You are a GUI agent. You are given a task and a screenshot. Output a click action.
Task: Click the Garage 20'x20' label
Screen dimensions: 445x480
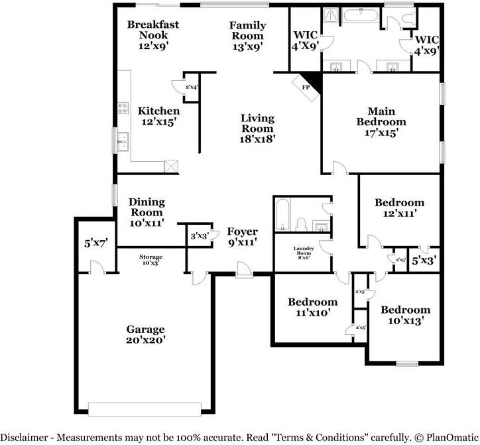pyautogui.click(x=146, y=334)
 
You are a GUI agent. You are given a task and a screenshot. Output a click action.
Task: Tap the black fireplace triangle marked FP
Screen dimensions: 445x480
pyautogui.click(x=312, y=81)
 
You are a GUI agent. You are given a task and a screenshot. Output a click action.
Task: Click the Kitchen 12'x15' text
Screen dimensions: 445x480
pyautogui.click(x=158, y=117)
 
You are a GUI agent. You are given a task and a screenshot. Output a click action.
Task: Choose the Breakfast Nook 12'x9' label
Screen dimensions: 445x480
pyautogui.click(x=153, y=35)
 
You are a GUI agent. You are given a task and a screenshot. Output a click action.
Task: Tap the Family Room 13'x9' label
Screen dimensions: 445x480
pyautogui.click(x=247, y=36)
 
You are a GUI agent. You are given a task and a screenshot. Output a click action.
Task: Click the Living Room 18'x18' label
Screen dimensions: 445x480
pyautogui.click(x=257, y=129)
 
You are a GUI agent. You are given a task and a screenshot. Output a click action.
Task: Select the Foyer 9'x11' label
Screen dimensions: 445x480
pyautogui.click(x=242, y=237)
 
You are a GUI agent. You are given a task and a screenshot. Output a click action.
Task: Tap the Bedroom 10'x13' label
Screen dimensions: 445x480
pyautogui.click(x=404, y=315)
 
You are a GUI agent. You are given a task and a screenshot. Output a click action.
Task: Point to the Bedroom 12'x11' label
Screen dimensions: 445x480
pyautogui.click(x=399, y=208)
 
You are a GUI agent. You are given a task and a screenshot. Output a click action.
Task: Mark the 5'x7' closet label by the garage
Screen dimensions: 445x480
pyautogui.click(x=95, y=243)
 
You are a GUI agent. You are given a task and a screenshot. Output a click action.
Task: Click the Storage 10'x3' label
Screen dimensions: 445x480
pyautogui.click(x=150, y=260)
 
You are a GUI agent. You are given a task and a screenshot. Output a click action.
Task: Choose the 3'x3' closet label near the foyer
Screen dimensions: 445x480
pyautogui.click(x=199, y=235)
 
